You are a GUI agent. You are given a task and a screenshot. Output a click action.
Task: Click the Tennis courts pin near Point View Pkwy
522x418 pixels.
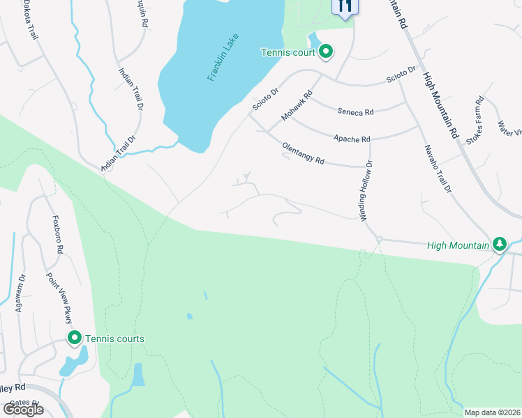coord(75,339)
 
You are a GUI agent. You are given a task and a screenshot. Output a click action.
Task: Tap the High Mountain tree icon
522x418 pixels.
coord(499,245)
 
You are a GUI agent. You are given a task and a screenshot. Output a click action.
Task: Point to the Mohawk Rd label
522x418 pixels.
coord(295,107)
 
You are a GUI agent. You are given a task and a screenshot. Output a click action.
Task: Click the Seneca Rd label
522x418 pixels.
coord(355,111)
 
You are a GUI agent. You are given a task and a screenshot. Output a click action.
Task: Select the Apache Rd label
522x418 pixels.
coord(352,139)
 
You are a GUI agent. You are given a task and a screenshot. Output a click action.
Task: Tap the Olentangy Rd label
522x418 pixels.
coord(304,154)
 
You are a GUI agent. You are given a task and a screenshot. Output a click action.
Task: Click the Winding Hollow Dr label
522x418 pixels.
coord(366,191)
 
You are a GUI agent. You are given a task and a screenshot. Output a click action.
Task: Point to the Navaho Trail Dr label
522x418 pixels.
coord(438,169)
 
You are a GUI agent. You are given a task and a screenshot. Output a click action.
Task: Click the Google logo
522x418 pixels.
coord(23,409)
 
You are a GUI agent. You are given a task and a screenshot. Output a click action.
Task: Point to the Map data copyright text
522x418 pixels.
coord(492,412)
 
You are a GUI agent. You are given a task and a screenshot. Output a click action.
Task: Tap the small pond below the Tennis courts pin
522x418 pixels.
coord(74,362)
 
